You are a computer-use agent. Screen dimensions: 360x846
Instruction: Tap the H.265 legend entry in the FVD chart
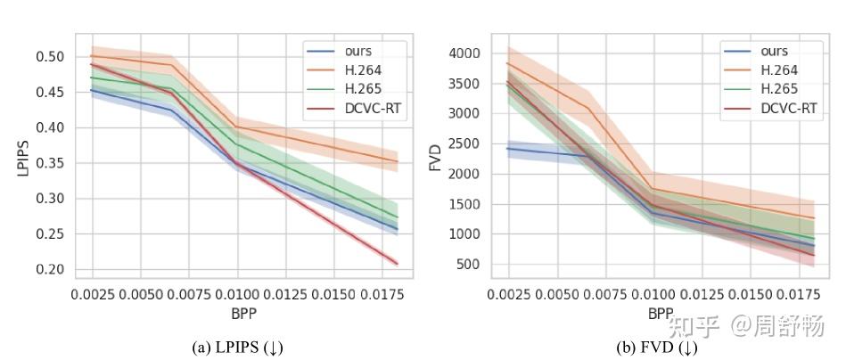coord(778,89)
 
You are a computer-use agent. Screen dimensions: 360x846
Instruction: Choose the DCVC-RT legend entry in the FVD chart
coord(789,108)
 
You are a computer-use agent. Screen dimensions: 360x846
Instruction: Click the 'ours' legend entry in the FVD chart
coord(775,52)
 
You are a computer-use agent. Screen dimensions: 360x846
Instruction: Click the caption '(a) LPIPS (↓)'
coord(238,347)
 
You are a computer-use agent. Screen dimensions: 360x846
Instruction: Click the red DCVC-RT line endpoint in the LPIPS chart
coord(397,263)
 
